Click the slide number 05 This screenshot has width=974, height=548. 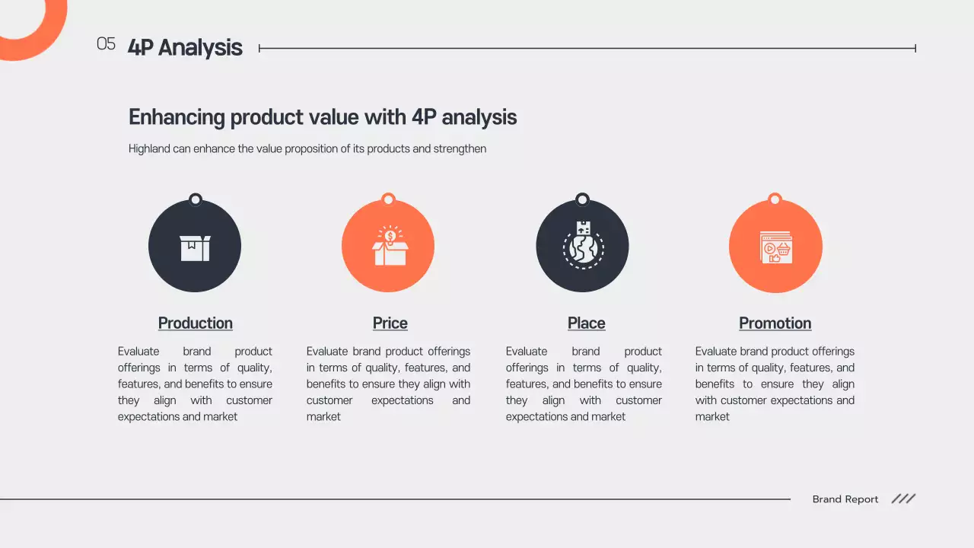tap(106, 44)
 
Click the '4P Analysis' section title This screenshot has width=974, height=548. tap(185, 47)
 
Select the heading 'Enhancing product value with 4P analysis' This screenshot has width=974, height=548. tap(323, 117)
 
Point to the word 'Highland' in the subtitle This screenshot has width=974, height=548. tap(149, 149)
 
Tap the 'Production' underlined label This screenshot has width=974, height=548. tap(195, 323)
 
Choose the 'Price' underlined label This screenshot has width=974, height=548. tap(390, 323)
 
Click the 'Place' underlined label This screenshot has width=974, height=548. tap(586, 323)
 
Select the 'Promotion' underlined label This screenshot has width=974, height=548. tap(775, 323)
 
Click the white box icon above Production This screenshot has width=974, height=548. tap(195, 247)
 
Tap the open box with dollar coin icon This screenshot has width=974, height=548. tap(390, 246)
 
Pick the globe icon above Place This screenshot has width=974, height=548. tap(583, 246)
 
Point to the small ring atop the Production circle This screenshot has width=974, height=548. tap(196, 200)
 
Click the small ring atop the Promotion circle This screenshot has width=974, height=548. tap(775, 199)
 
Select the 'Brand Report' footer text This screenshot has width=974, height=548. tap(845, 499)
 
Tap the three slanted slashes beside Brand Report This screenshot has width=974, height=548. tap(903, 499)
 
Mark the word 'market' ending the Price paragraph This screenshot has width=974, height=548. tap(323, 417)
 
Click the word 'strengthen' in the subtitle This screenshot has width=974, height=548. tap(460, 149)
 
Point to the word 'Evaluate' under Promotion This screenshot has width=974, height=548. tap(716, 352)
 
